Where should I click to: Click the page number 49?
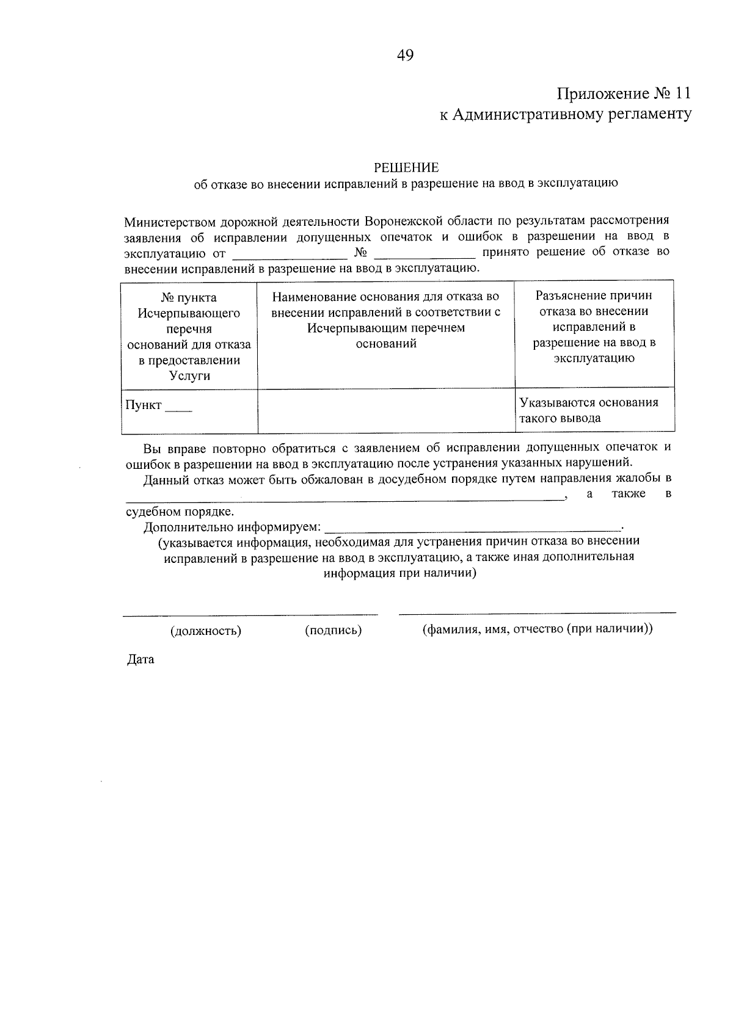point(405,56)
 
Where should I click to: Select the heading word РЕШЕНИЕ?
point(406,167)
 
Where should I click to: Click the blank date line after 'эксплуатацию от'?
point(290,253)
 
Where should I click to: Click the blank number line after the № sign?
point(425,253)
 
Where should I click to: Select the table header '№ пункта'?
point(189,297)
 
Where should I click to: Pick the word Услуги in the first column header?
point(189,375)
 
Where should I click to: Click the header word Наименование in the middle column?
point(308,297)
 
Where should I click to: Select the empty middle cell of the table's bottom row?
point(385,410)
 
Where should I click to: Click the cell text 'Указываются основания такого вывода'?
point(588,410)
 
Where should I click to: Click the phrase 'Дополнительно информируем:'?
point(232,526)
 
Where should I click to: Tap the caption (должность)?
point(206,631)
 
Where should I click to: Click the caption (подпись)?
point(333,630)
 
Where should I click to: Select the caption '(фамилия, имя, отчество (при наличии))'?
point(538,629)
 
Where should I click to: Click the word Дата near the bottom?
point(140,659)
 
